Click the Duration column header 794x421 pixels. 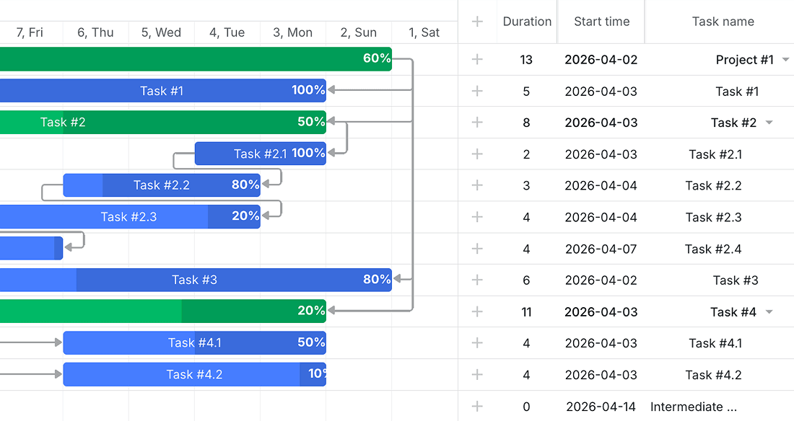527,21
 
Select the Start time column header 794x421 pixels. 601,21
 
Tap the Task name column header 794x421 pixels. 723,21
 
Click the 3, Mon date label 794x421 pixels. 292,32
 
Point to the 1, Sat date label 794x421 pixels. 424,32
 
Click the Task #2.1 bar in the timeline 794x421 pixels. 261,154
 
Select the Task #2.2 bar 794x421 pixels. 162,185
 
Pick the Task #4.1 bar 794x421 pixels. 194,343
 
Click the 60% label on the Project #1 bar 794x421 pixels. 377,58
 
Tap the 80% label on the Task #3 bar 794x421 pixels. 377,279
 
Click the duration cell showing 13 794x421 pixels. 526,60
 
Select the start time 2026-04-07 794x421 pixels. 601,249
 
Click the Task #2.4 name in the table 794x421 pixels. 713,249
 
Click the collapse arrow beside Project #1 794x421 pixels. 785,60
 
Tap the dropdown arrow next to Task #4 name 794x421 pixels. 769,311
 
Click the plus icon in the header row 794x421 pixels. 477,21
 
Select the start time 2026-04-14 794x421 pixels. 601,407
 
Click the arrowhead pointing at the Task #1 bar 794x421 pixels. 331,90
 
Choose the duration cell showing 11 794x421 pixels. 526,312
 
